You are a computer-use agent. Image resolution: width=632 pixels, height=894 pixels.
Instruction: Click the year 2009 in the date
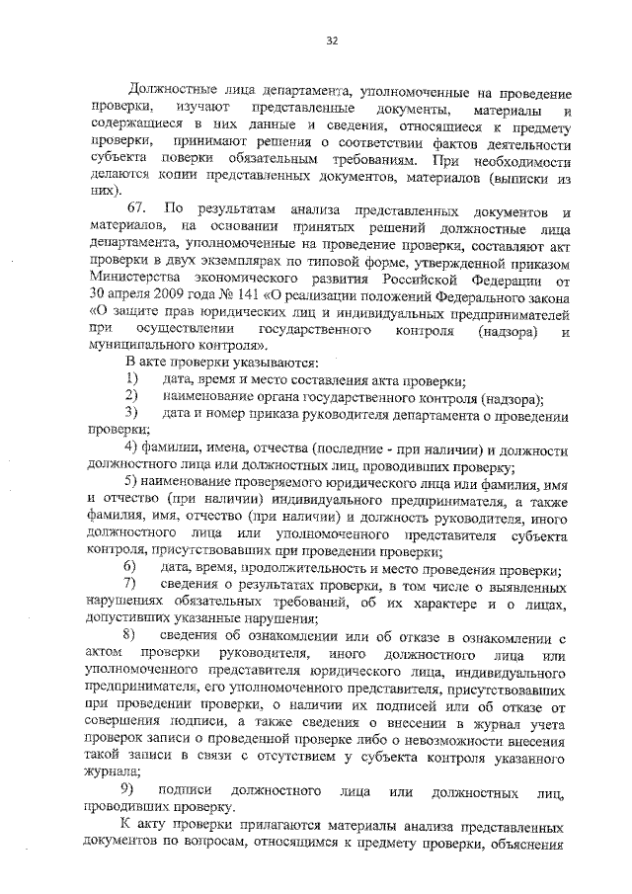pyautogui.click(x=169, y=298)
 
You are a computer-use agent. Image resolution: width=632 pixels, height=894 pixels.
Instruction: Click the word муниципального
pyautogui.click(x=139, y=346)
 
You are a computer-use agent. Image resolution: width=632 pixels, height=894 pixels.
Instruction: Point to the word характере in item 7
pyautogui.click(x=432, y=603)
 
